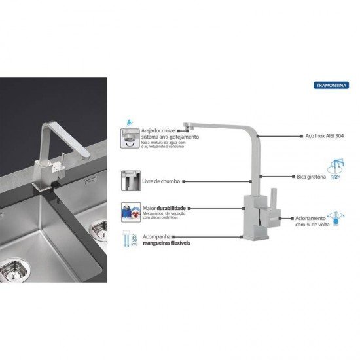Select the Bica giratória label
coord(311,177)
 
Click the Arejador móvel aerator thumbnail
coord(129,137)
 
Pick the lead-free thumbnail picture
coord(129,180)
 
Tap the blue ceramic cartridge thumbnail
coord(130,211)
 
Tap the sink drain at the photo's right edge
coord(99,227)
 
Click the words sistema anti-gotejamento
coord(171,137)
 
